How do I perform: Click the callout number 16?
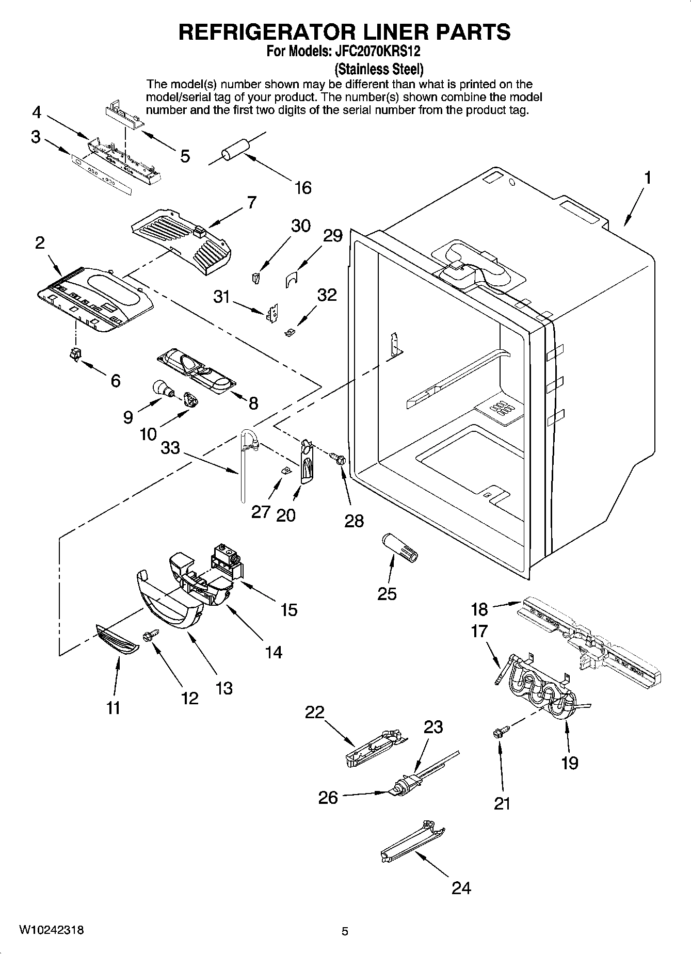(303, 187)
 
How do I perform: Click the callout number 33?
(170, 447)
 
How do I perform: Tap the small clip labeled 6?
(76, 354)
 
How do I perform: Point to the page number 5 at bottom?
(345, 931)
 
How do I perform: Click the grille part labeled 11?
(118, 639)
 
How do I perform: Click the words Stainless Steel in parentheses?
(379, 68)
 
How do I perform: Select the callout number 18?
(479, 609)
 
